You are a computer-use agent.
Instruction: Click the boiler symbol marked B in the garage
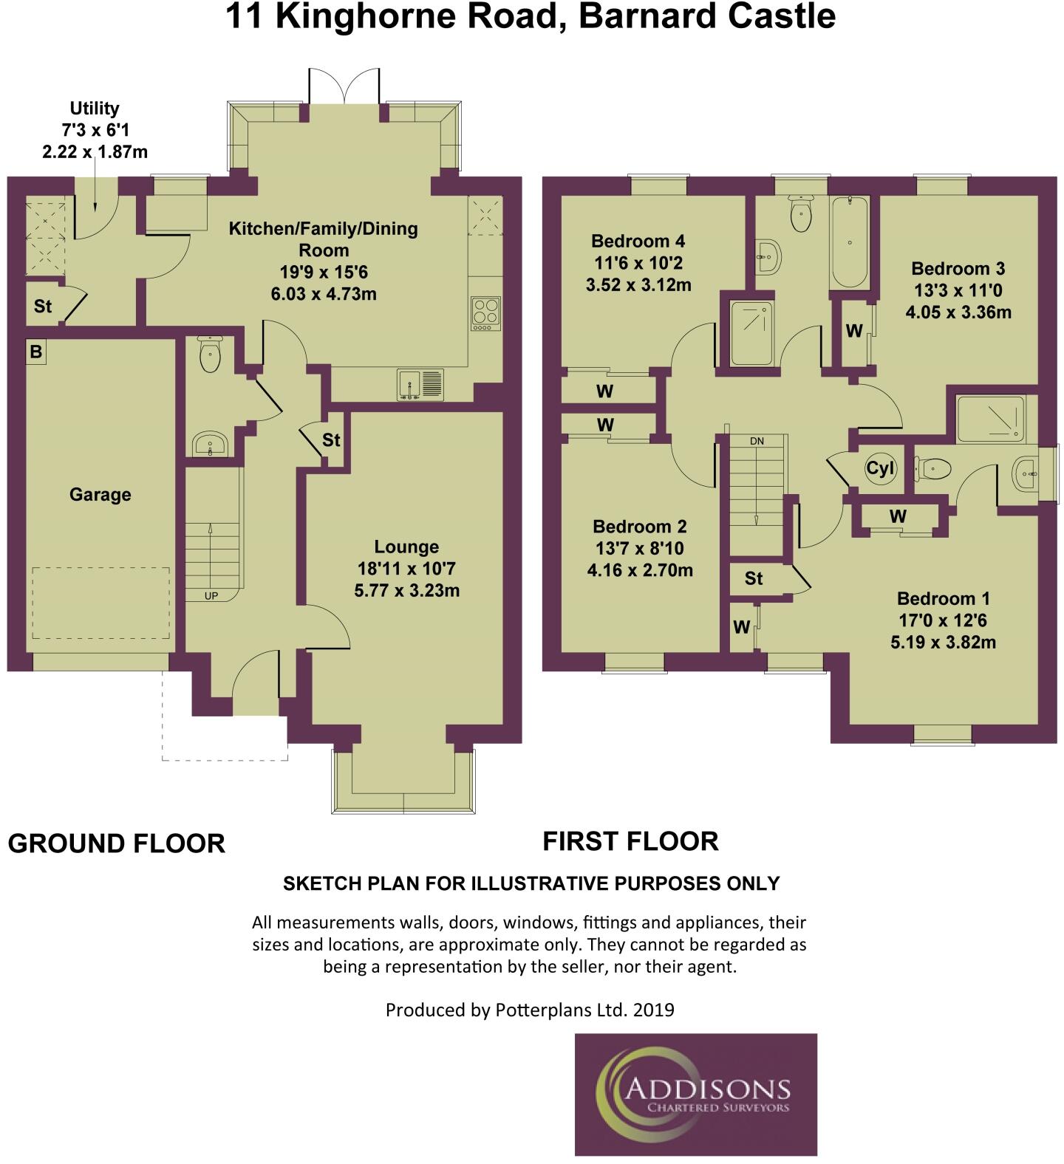coord(35,352)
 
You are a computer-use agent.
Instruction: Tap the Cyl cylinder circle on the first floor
coord(880,468)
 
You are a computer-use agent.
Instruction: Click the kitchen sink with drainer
coord(420,385)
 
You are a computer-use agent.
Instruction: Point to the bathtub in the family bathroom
coord(850,242)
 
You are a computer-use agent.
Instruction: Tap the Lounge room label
coord(406,547)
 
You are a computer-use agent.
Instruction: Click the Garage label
coord(100,495)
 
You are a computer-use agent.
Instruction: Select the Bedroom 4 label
coord(638,241)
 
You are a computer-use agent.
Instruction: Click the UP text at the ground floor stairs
coord(211,595)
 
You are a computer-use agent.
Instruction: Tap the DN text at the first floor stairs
coord(757,441)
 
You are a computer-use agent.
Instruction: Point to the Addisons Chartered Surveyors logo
coord(696,1094)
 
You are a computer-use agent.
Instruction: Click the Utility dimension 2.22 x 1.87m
coord(95,152)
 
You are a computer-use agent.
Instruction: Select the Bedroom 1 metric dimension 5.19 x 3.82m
coord(943,642)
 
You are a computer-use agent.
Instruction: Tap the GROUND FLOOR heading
coord(117,843)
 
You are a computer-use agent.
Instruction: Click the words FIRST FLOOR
coord(631,841)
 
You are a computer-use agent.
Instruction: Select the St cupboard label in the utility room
coord(43,306)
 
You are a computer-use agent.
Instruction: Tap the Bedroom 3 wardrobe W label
coord(854,331)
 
